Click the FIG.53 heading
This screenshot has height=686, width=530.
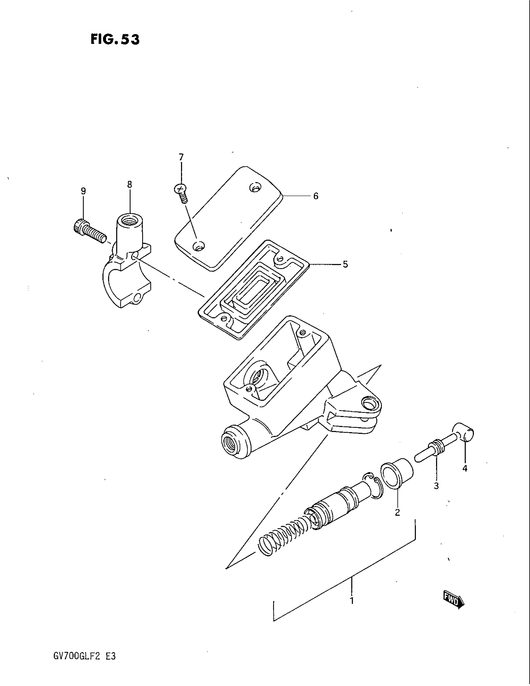pyautogui.click(x=115, y=40)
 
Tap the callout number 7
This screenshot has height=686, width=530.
pyautogui.click(x=181, y=157)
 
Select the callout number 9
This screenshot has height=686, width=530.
pyautogui.click(x=83, y=191)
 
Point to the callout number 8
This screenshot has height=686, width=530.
pyautogui.click(x=130, y=184)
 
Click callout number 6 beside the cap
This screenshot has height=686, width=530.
pyautogui.click(x=316, y=196)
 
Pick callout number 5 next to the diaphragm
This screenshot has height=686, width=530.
pyautogui.click(x=345, y=264)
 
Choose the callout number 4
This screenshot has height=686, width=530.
pyautogui.click(x=465, y=477)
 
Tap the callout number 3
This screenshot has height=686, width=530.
pyautogui.click(x=436, y=486)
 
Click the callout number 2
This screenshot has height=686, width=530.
pyautogui.click(x=397, y=513)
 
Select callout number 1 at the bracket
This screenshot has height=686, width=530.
pyautogui.click(x=352, y=601)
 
